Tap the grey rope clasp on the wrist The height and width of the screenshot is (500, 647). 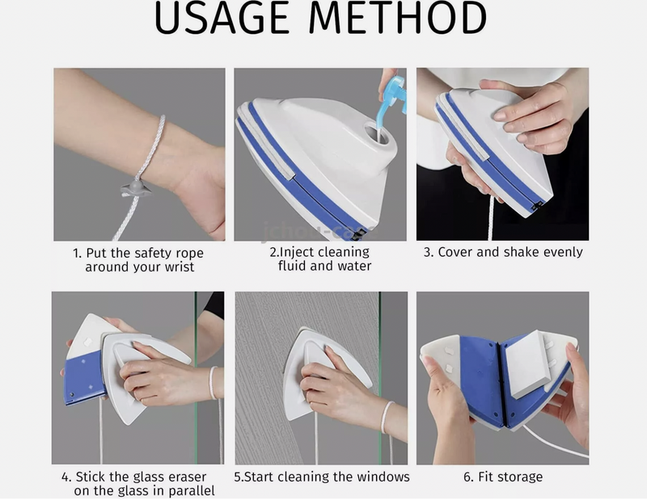click(x=133, y=187)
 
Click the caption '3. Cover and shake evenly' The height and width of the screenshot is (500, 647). click(x=502, y=252)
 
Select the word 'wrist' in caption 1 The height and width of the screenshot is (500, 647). click(x=176, y=267)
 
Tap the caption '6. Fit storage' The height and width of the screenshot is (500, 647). click(x=502, y=477)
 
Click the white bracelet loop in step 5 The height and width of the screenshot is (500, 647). click(x=387, y=416)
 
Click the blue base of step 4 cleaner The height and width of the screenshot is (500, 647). click(x=83, y=377)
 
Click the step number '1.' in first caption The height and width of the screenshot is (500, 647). click(x=78, y=252)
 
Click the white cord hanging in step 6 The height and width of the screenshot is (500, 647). click(x=558, y=443)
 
